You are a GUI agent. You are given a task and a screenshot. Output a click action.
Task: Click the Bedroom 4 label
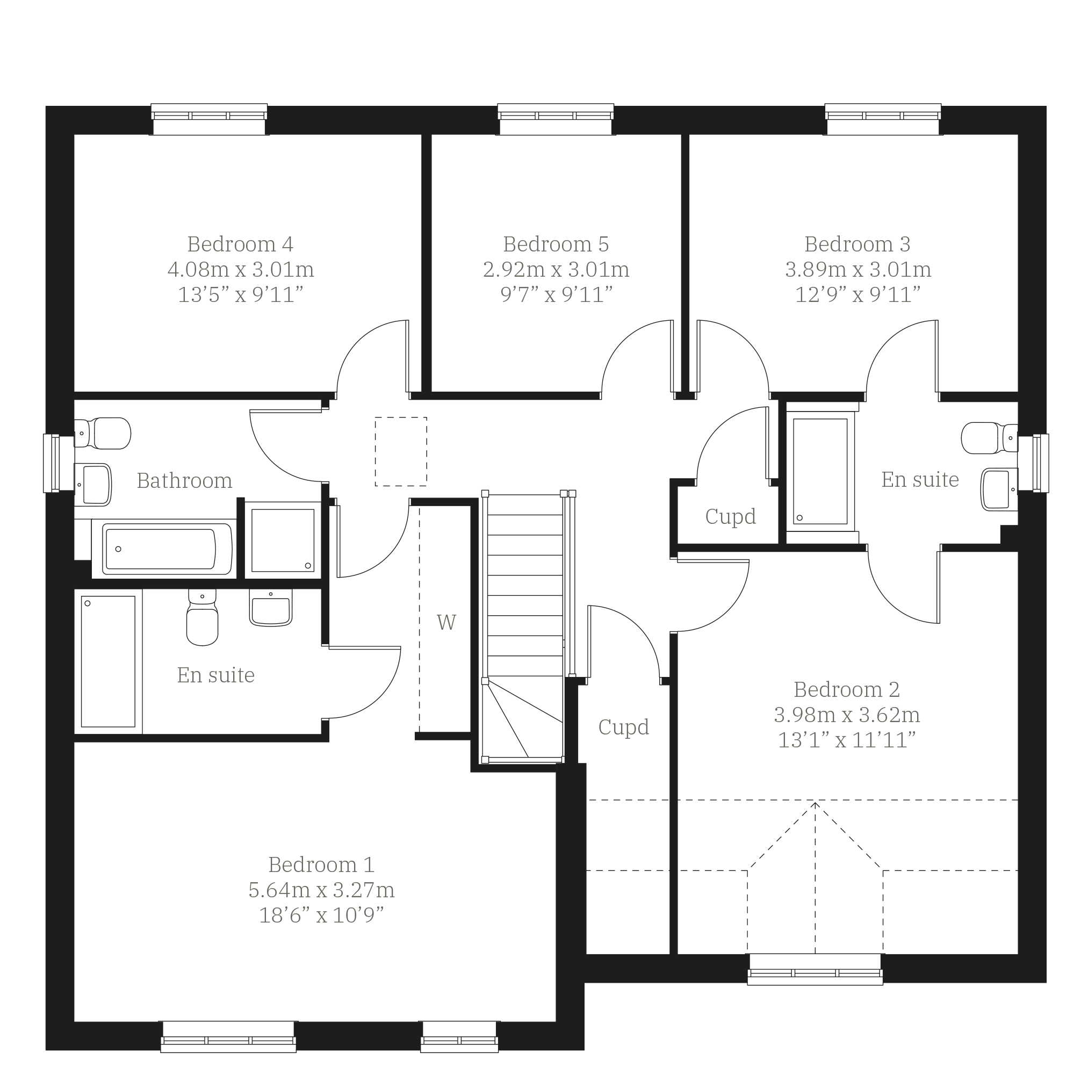241,244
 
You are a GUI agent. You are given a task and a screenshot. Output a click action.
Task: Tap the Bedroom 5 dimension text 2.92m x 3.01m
556,270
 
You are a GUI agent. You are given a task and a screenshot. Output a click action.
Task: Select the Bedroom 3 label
858,244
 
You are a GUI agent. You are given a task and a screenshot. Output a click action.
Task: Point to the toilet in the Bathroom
103,433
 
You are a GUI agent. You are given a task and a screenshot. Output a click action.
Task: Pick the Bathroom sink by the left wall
93,484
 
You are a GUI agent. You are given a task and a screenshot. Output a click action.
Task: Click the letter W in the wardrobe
446,622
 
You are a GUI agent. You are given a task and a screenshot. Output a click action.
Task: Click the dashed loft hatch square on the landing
401,452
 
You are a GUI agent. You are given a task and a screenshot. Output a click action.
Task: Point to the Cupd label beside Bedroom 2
623,727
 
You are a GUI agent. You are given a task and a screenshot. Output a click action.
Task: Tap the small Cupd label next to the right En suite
730,516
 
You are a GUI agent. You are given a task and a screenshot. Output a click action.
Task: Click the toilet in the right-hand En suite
990,437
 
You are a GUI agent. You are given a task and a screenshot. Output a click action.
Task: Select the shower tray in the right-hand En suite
820,472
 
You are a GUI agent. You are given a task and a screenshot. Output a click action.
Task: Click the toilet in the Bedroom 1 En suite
202,617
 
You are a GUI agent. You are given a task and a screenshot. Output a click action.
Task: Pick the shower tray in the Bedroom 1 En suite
108,662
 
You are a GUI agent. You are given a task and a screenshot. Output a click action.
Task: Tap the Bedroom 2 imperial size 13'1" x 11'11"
847,740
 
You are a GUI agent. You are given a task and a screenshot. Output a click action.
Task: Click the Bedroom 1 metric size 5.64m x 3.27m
321,890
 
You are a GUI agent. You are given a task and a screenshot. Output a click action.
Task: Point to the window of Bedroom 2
815,969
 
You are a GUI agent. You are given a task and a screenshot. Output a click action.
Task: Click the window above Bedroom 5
556,119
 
